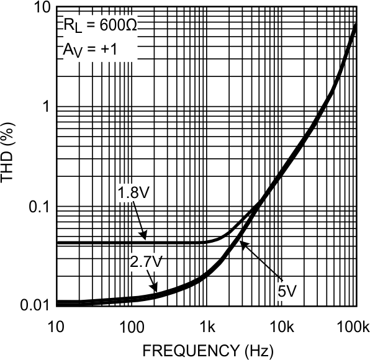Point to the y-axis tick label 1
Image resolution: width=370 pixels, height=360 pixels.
pos(43,107)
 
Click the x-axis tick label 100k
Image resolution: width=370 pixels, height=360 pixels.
pos(355,326)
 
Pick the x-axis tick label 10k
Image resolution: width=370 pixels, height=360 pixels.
pos(281,326)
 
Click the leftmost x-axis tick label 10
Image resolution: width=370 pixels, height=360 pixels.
pos(56,326)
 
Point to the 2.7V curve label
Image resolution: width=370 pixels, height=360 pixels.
pos(146,263)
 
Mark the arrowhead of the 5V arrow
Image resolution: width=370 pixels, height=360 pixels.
pos(241,243)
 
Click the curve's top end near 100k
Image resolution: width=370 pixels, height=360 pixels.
pos(355,25)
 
